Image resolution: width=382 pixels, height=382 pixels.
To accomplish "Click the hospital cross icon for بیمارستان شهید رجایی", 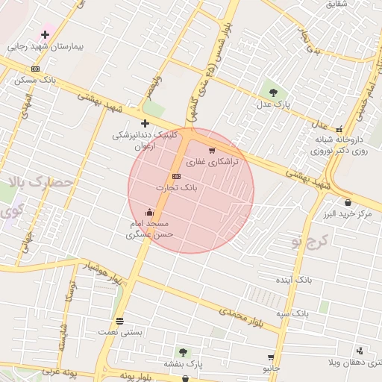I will [46, 34].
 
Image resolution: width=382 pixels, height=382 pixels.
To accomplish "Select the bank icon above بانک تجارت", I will [176, 176].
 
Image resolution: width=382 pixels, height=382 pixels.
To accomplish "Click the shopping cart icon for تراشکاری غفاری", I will [212, 151].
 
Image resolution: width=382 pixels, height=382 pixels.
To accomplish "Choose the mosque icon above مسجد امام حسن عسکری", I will [149, 212].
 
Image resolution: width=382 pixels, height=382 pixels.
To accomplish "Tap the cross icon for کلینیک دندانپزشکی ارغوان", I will [145, 123].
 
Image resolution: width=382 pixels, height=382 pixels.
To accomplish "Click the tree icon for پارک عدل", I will [273, 93].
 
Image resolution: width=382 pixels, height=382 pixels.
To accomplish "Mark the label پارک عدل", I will [275, 104].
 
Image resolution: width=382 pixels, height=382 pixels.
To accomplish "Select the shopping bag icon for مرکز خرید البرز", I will [348, 202].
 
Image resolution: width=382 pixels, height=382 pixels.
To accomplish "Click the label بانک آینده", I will [292, 279].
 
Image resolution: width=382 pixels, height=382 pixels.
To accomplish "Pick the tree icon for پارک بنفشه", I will [183, 351].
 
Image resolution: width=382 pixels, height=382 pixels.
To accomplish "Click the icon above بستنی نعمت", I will [119, 322].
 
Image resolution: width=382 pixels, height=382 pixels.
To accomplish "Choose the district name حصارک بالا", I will [42, 182].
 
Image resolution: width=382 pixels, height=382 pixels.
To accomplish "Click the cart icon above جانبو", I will [270, 357].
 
